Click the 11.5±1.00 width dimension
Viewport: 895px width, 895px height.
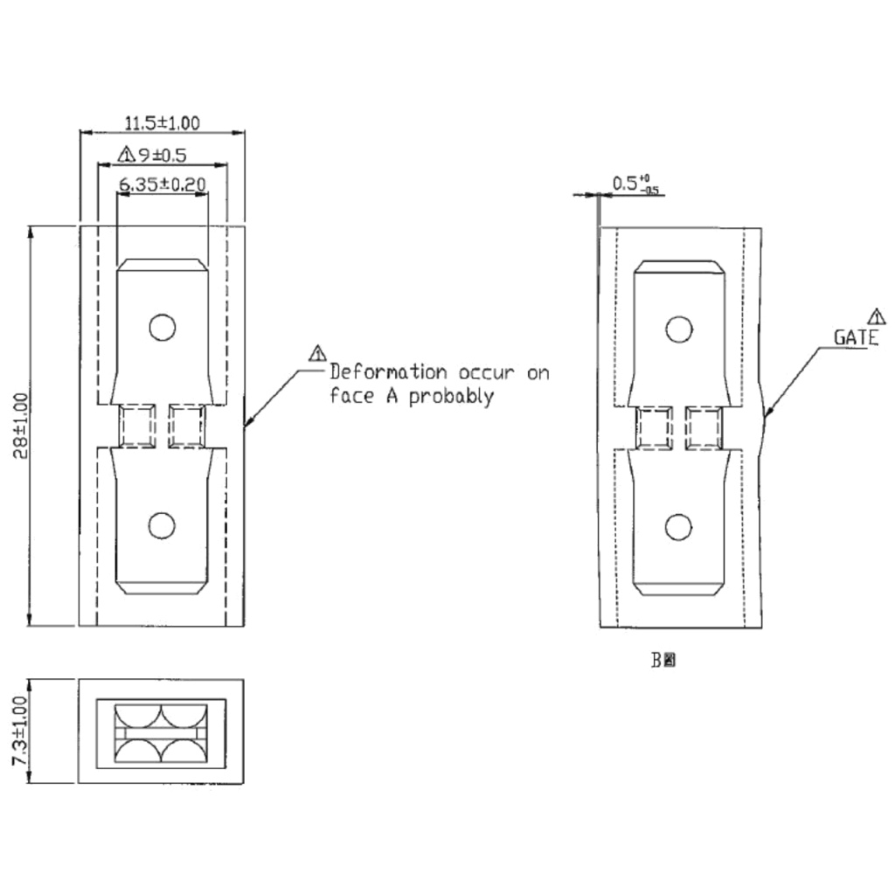click(x=162, y=122)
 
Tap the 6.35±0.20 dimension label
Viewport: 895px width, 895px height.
click(x=162, y=184)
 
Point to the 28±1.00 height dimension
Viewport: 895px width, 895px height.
click(x=22, y=426)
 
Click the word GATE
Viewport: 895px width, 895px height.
click(x=856, y=337)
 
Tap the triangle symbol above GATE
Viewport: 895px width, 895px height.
click(x=877, y=316)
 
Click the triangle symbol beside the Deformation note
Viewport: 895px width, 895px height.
click(x=316, y=353)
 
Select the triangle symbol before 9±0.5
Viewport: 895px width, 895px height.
click(x=126, y=156)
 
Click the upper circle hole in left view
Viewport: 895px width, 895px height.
click(x=162, y=328)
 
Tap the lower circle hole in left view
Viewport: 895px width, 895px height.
click(x=162, y=525)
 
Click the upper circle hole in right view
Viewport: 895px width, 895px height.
click(x=679, y=330)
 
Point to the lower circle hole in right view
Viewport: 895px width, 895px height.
click(x=679, y=527)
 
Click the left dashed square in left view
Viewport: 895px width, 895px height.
click(x=137, y=426)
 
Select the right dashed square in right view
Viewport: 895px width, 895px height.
click(x=704, y=428)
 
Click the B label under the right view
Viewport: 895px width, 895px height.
click(x=656, y=661)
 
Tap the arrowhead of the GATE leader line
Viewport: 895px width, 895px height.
click(x=767, y=417)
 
